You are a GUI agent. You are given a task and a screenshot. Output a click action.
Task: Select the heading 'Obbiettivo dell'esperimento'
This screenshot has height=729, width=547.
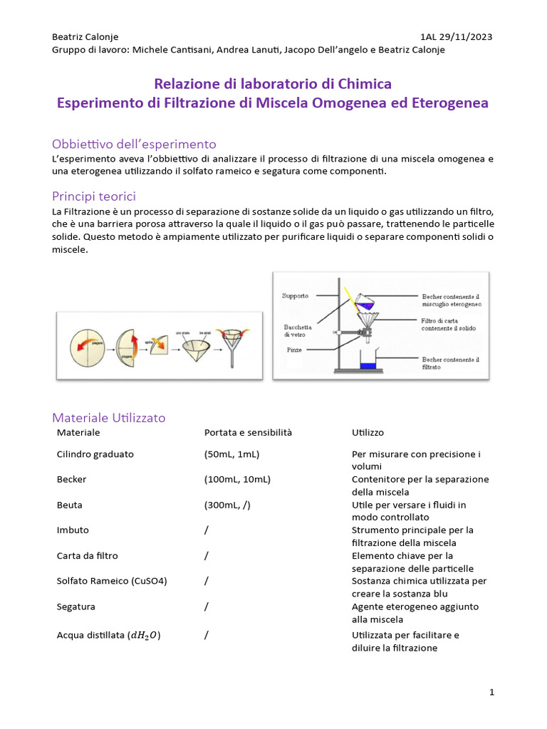(x=134, y=144)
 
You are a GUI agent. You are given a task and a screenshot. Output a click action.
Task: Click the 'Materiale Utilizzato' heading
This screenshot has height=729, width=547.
(x=109, y=418)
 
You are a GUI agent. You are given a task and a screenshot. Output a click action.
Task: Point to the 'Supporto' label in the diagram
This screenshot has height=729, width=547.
(x=295, y=295)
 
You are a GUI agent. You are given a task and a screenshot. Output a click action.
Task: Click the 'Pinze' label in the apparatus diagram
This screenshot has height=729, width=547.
(x=294, y=350)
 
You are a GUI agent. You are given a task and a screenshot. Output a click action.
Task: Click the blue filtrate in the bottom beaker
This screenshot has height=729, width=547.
(x=368, y=366)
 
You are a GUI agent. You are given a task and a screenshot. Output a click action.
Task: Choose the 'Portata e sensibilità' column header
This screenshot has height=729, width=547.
(x=248, y=433)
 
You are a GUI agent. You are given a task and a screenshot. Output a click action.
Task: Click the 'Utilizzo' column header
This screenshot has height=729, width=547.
(x=369, y=433)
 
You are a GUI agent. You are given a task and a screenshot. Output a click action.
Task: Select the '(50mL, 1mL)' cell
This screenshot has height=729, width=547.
(x=231, y=454)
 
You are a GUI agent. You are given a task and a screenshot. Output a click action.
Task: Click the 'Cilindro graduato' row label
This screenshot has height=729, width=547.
(x=95, y=454)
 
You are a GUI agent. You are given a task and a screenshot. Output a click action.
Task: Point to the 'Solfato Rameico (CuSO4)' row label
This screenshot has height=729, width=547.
(x=111, y=581)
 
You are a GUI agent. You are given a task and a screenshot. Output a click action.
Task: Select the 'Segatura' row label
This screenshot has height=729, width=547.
(x=75, y=607)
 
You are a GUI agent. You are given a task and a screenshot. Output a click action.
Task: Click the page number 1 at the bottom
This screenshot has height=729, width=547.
(x=491, y=692)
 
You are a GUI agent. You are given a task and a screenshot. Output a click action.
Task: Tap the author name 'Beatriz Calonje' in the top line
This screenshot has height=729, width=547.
(x=85, y=37)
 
